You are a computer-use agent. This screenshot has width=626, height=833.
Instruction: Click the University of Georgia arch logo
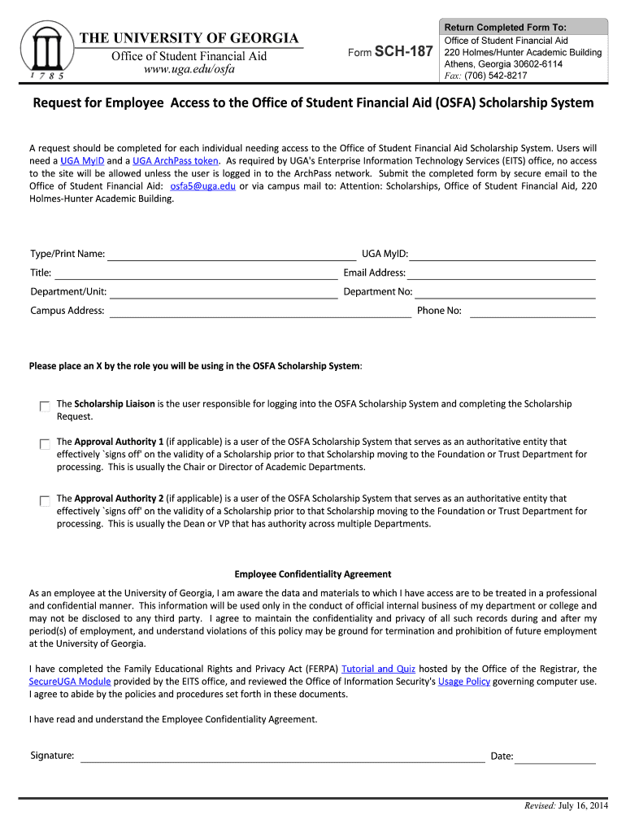pos(46,49)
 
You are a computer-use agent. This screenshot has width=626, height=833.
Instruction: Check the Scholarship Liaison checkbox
pos(44,406)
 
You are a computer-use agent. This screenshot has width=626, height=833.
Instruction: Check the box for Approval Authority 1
pos(44,444)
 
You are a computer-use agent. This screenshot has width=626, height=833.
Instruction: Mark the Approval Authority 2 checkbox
pos(44,501)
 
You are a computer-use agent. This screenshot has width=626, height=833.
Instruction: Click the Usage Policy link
pos(463,682)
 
